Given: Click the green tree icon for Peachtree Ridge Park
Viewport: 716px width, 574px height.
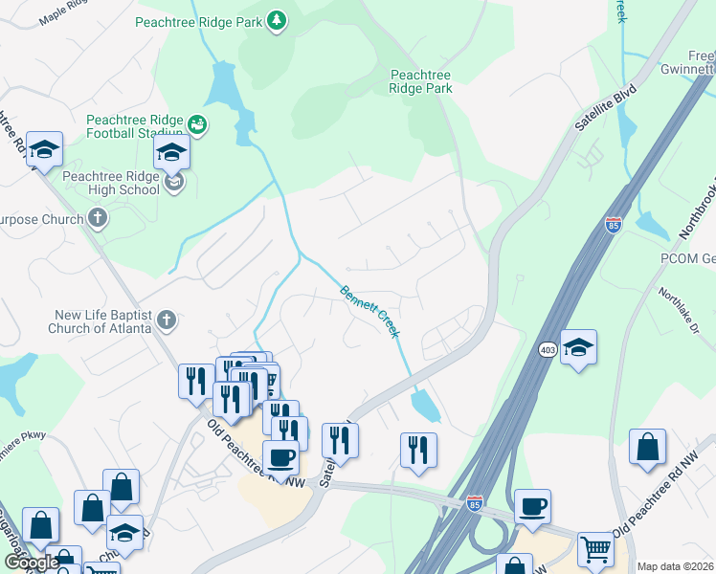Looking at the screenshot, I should click(277, 21).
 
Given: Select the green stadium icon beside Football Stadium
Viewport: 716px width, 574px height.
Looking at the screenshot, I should click(198, 123).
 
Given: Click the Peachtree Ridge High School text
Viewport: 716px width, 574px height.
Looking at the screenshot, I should click(111, 183).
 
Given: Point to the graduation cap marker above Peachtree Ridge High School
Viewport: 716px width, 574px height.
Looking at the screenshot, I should click(171, 152).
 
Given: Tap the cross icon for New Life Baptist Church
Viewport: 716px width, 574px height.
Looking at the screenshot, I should click(167, 320).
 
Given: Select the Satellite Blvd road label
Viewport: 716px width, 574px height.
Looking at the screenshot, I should click(592, 111).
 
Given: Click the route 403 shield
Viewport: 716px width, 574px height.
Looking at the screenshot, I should click(548, 349).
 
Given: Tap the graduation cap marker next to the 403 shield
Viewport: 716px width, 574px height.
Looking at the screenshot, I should click(578, 347).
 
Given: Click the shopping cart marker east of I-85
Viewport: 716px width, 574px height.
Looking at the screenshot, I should click(595, 550).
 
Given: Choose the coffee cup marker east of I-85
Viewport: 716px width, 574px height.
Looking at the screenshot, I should click(532, 507).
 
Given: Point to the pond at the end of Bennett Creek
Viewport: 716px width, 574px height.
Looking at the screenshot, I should click(425, 406).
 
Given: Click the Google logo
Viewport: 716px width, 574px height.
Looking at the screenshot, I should click(32, 562).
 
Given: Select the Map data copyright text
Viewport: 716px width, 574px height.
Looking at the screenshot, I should click(675, 566).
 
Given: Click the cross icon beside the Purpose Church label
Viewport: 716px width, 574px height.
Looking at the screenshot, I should click(96, 218).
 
